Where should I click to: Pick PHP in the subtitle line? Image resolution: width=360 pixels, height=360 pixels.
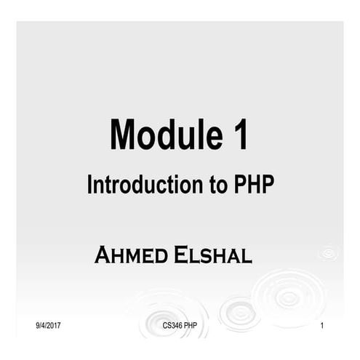(254, 185)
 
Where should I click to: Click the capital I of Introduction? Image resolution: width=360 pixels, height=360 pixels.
(90, 185)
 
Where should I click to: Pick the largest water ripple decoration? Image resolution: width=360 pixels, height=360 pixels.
(289, 297)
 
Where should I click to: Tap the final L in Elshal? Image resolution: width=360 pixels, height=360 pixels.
(247, 256)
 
